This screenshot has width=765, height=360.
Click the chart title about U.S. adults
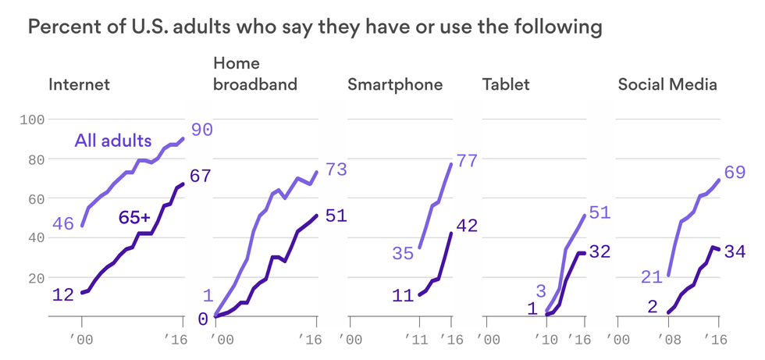[315, 28]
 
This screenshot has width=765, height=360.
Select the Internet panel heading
[79, 84]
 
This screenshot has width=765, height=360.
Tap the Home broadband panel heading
[255, 73]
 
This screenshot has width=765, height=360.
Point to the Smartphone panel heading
[395, 84]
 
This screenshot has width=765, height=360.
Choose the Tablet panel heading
[506, 84]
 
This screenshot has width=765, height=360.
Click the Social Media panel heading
[667, 84]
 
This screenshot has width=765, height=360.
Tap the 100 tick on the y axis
[35, 119]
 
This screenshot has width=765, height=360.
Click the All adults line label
[112, 141]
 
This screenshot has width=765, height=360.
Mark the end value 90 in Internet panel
[202, 130]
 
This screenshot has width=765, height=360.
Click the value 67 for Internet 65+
[201, 176]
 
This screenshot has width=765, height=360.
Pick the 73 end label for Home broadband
[336, 169]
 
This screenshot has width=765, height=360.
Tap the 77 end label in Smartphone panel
[466, 162]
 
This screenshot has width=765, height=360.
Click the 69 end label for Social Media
[735, 172]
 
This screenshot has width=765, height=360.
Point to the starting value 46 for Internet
[63, 224]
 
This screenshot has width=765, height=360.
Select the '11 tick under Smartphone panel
[418, 340]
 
